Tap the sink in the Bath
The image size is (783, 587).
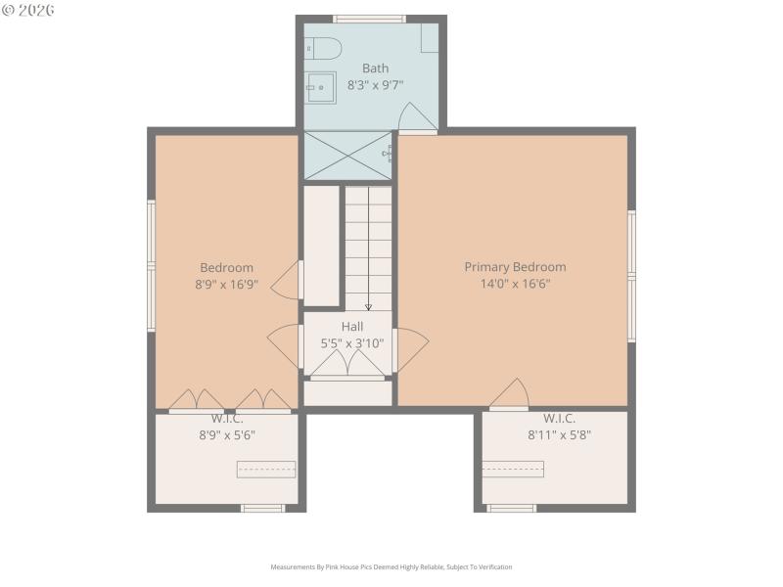pyautogui.click(x=319, y=87)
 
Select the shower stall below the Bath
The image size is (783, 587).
pyautogui.click(x=347, y=155)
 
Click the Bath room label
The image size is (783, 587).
pyautogui.click(x=375, y=68)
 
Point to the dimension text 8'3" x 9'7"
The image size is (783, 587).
pyautogui.click(x=375, y=85)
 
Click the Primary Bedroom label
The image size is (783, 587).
pyautogui.click(x=515, y=267)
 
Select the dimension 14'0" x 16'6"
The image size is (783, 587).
pyautogui.click(x=515, y=285)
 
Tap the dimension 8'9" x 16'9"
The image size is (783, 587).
pyautogui.click(x=226, y=285)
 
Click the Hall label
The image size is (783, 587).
pyautogui.click(x=352, y=326)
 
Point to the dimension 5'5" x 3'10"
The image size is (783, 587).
pyautogui.click(x=352, y=343)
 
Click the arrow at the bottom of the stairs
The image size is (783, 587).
pyautogui.click(x=368, y=306)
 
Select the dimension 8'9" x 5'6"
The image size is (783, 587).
pyautogui.click(x=226, y=435)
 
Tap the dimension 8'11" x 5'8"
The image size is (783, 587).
pyautogui.click(x=560, y=435)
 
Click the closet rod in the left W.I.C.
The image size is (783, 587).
pyautogui.click(x=265, y=470)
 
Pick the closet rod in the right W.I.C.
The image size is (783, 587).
pyautogui.click(x=513, y=470)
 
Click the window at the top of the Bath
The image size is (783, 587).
pyautogui.click(x=369, y=19)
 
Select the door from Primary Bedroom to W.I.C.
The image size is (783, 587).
pyautogui.click(x=509, y=396)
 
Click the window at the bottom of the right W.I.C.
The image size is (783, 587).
pyautogui.click(x=512, y=508)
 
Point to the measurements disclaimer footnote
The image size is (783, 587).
pyautogui.click(x=391, y=566)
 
